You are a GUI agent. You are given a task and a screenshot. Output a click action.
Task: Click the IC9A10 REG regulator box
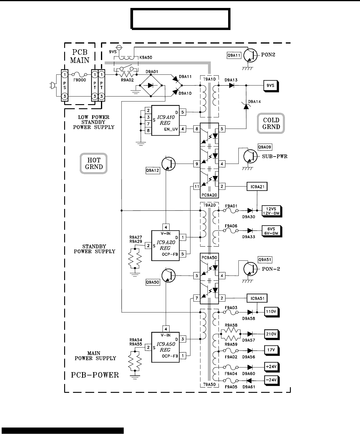coord(165,120)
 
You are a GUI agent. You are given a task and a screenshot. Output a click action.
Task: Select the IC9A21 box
coord(257,187)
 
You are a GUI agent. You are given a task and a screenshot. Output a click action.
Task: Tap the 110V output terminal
coord(272,312)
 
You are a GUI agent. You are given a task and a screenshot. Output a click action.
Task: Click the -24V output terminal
coord(272,380)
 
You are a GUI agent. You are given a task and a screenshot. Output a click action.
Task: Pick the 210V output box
coord(272,335)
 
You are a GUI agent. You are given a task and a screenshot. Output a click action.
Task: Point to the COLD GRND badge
coord(271,123)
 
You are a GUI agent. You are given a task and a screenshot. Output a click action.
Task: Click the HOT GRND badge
coord(94,163)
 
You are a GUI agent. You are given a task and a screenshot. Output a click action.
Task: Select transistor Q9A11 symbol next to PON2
coord(250,55)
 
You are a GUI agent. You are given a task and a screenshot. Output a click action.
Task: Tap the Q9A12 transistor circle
coord(168,164)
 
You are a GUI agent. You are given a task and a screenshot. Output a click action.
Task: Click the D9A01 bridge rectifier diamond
coord(151,85)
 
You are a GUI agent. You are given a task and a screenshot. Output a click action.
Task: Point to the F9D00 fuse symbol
coord(79,74)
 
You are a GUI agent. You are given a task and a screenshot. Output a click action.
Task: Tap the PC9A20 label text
coord(209,195)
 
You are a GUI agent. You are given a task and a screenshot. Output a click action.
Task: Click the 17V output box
coord(272,350)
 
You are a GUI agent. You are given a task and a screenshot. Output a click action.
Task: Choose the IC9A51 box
coord(257,298)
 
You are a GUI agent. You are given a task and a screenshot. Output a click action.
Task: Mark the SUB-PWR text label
coord(275,156)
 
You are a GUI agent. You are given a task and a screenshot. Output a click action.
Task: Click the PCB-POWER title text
coord(95,375)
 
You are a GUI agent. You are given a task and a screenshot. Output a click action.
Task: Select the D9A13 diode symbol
coord(231,85)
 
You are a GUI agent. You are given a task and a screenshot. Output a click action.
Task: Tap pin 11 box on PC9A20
coord(197,187)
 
